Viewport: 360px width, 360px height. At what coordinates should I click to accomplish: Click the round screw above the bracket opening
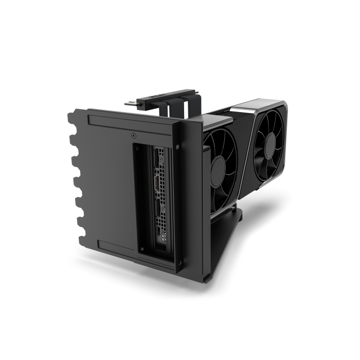pos(134,136)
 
